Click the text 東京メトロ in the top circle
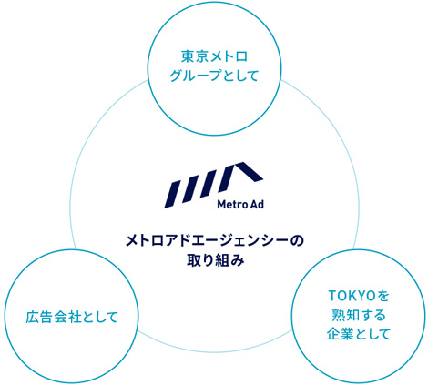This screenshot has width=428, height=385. pyautogui.click(x=214, y=56)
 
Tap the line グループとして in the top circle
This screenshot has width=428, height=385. pyautogui.click(x=214, y=76)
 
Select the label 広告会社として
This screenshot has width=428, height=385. pyautogui.click(x=72, y=318)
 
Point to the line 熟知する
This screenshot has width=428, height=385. pyautogui.click(x=359, y=315)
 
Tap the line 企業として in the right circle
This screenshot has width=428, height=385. pyautogui.click(x=359, y=334)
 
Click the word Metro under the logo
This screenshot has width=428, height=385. pyautogui.click(x=232, y=205)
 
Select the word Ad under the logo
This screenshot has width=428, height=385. pyautogui.click(x=258, y=205)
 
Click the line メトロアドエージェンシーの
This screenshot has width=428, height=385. pyautogui.click(x=215, y=241)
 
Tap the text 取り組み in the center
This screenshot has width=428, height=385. pyautogui.click(x=215, y=260)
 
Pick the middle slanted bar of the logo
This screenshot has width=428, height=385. pyautogui.click(x=192, y=188)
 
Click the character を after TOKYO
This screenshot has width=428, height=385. pyautogui.click(x=383, y=296)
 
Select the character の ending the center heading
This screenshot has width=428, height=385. pyautogui.click(x=297, y=241)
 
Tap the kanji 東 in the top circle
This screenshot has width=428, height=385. pyautogui.click(x=188, y=56)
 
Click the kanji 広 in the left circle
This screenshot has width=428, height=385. pyautogui.click(x=32, y=318)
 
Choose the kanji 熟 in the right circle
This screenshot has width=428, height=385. pyautogui.click(x=338, y=315)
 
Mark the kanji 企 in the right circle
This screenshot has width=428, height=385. pyautogui.click(x=333, y=334)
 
